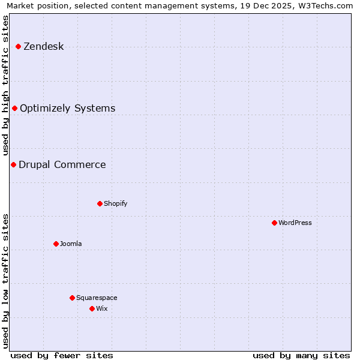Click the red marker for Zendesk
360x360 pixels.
tap(18, 46)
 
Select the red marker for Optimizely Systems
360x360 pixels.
tap(14, 108)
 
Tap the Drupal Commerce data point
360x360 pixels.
tap(13, 164)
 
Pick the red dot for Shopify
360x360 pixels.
tap(100, 203)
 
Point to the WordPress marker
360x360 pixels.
tap(274, 223)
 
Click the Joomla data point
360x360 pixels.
tap(56, 244)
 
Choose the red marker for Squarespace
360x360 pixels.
tap(72, 298)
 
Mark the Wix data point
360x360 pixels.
tap(92, 308)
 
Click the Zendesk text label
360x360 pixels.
tap(43, 47)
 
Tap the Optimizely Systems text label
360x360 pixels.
tap(67, 109)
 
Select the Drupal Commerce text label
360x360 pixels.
tap(62, 165)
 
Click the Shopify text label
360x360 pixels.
tap(115, 204)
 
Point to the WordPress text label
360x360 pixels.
tap(295, 223)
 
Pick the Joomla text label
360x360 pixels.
tap(70, 244)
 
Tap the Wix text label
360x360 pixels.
tap(101, 309)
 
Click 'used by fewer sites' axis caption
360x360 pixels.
tap(62, 356)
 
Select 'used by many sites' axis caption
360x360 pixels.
tap(301, 356)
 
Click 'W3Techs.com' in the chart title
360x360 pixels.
tap(325, 5)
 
